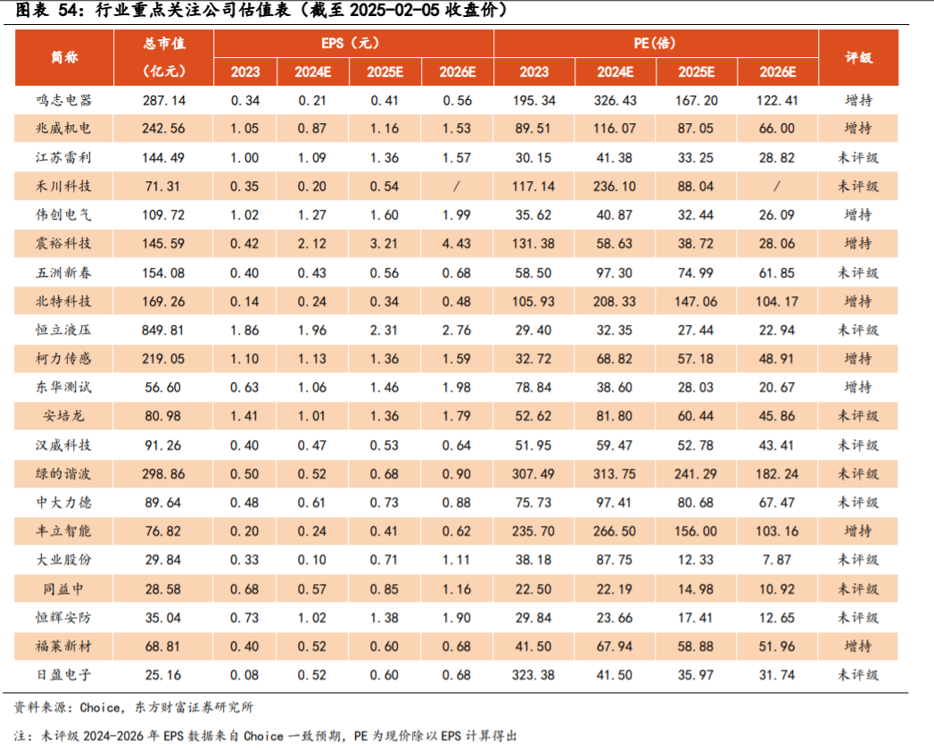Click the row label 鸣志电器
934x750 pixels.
[64, 100]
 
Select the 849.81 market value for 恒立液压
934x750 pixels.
[163, 329]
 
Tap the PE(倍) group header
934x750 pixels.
[656, 43]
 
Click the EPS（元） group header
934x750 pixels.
[353, 43]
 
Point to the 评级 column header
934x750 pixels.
[858, 57]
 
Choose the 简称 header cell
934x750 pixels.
[64, 57]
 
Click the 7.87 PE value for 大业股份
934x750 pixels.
[776, 559]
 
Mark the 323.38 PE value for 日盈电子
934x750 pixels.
[534, 675]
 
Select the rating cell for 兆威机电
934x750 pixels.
[858, 129]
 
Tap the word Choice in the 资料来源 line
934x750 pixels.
[99, 707]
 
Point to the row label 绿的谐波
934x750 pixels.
[64, 473]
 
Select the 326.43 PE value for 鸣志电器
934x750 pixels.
[616, 100]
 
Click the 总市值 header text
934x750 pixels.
[163, 43]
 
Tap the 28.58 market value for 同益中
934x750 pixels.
[163, 588]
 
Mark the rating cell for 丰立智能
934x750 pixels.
[858, 530]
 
